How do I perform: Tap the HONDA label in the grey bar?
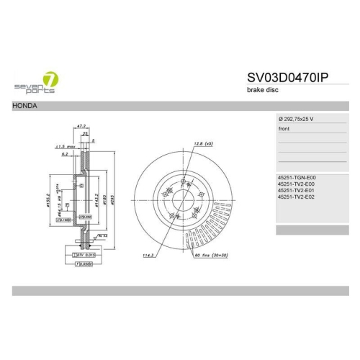click(x=25, y=105)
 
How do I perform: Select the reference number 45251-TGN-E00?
click(x=297, y=177)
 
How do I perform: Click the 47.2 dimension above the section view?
click(x=81, y=125)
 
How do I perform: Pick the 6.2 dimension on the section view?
click(x=66, y=154)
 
